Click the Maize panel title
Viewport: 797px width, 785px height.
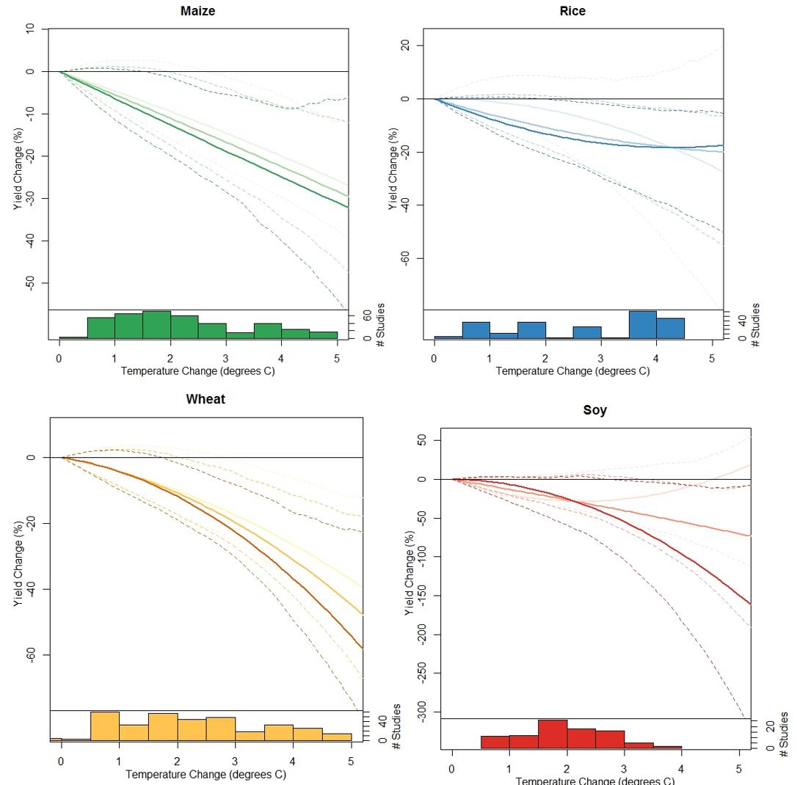tap(198, 11)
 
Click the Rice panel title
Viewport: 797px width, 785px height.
tap(572, 11)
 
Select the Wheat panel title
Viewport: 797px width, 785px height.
tap(205, 400)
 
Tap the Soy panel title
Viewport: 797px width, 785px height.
tap(594, 410)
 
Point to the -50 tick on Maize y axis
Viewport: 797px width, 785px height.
tap(30, 283)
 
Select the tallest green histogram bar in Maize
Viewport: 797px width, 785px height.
tap(156, 325)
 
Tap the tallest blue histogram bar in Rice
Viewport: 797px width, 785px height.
tap(642, 325)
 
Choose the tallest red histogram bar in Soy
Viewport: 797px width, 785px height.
tap(553, 734)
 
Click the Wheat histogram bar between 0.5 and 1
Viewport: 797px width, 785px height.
tap(105, 726)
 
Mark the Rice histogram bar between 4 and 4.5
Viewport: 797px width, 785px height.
tap(670, 329)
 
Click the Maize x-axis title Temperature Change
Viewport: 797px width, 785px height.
tap(198, 370)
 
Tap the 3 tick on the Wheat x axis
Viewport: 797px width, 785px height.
tap(235, 761)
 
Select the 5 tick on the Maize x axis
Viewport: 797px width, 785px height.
tap(337, 357)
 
